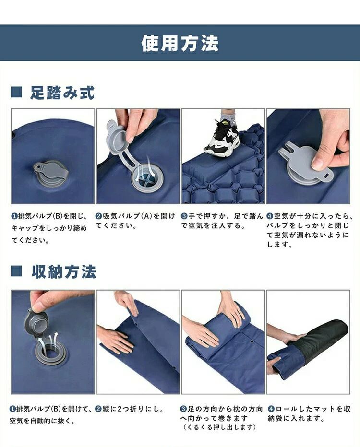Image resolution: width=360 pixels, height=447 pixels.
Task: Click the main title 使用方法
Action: pos(180,43)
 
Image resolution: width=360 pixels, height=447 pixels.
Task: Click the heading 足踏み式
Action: pos(62,93)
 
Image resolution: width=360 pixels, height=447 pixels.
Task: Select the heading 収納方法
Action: pos(64,271)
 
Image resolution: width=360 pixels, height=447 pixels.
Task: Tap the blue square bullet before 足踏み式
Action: pos(16,93)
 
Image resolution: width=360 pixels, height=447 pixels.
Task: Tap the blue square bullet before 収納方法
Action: pos(16,271)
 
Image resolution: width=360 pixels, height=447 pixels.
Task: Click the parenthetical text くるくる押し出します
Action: pos(219,427)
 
